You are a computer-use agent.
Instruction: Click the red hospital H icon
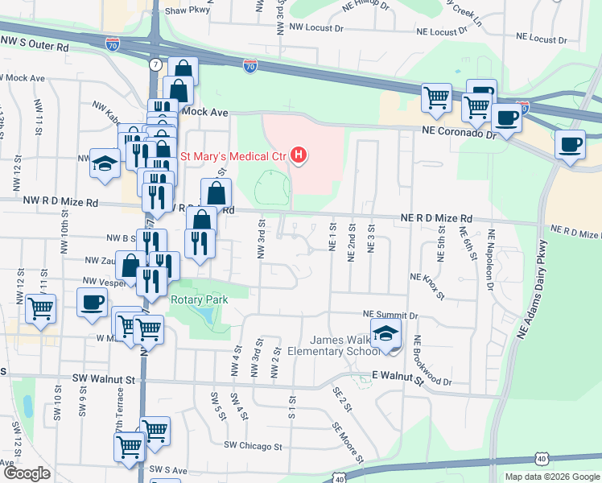click(x=299, y=155)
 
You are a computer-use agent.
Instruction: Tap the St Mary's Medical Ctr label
click(x=234, y=155)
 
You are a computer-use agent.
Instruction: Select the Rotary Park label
click(x=200, y=299)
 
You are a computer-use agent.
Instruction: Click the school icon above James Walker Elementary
click(x=386, y=334)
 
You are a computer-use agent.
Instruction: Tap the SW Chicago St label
click(x=253, y=445)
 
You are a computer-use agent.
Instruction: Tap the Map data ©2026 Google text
click(x=551, y=477)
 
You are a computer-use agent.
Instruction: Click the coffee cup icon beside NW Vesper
click(x=92, y=302)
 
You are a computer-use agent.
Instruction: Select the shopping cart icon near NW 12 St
click(x=40, y=308)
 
